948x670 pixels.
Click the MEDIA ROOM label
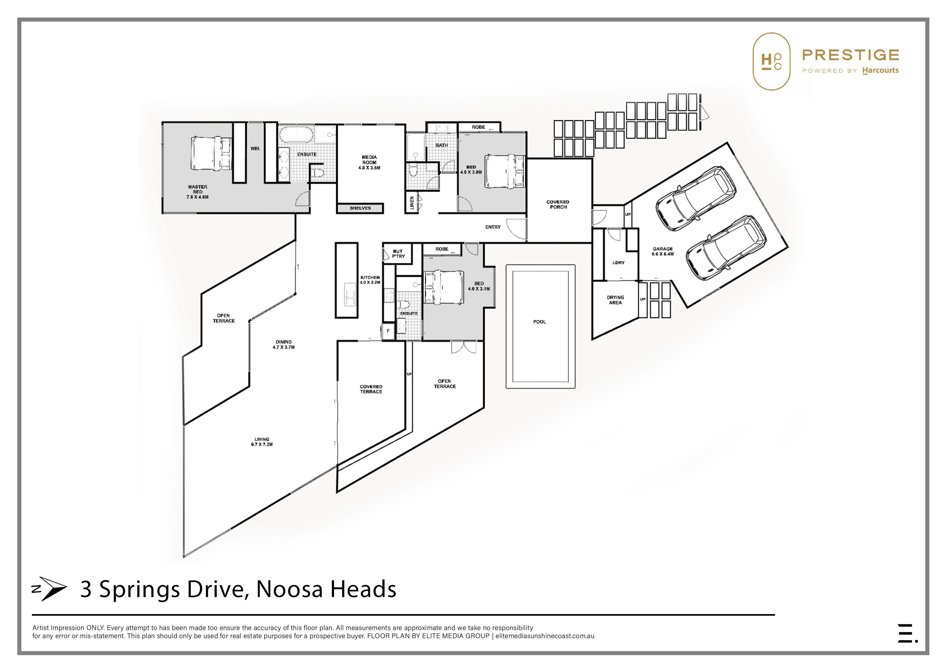[369, 163]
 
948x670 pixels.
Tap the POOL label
[539, 321]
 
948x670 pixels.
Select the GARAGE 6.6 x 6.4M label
[663, 252]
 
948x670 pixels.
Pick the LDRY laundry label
[619, 263]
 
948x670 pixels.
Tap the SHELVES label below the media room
[360, 208]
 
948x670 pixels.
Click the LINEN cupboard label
[412, 203]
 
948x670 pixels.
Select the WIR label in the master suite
[255, 149]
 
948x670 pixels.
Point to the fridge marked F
[388, 331]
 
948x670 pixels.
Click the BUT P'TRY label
[398, 253]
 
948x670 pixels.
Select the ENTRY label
[493, 227]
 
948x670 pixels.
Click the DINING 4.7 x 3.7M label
[284, 344]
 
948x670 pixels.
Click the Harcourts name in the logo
[881, 71]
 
